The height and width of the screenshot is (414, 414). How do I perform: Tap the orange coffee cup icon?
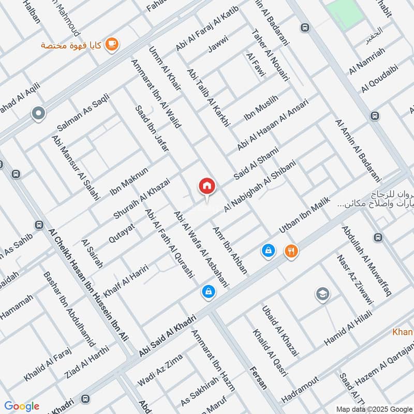point(111,46)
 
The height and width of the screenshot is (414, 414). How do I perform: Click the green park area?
point(344,13)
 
